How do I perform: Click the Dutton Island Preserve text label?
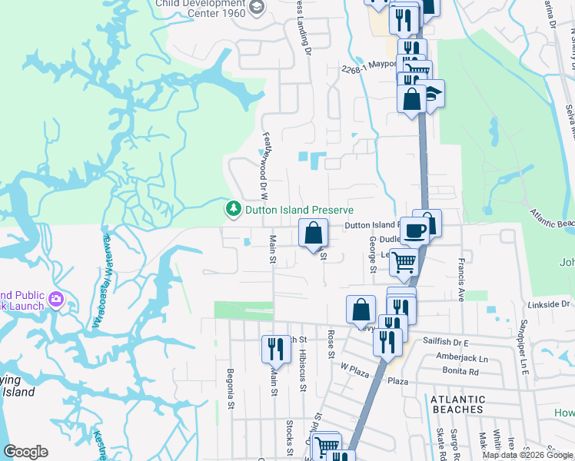click(299, 209)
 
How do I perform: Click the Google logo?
click(25, 452)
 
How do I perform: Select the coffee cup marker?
click(416, 230)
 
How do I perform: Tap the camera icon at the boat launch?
click(56, 298)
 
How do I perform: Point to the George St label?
click(373, 254)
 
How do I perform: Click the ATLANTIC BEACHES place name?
click(458, 404)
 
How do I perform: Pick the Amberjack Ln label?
click(461, 359)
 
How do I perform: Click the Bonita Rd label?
click(460, 371)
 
